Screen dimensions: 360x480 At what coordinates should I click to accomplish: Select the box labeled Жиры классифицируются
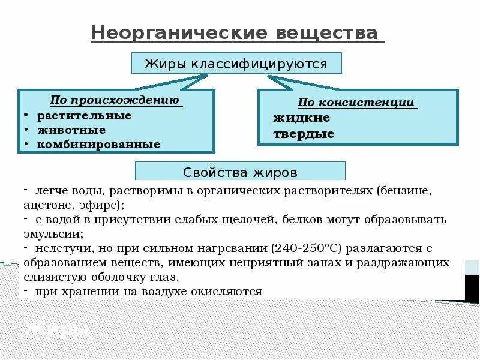pyautogui.click(x=236, y=64)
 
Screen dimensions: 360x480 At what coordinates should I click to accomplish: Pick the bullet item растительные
pyautogui.click(x=84, y=115)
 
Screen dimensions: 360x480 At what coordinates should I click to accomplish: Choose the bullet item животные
pyautogui.click(x=71, y=130)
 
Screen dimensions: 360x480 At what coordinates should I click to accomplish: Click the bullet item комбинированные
pyautogui.click(x=98, y=145)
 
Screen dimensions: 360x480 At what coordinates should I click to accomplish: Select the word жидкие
pyautogui.click(x=301, y=118)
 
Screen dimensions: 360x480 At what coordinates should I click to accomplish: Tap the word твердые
pyautogui.click(x=304, y=134)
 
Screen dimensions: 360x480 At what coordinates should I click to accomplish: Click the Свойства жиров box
pyautogui.click(x=240, y=172)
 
